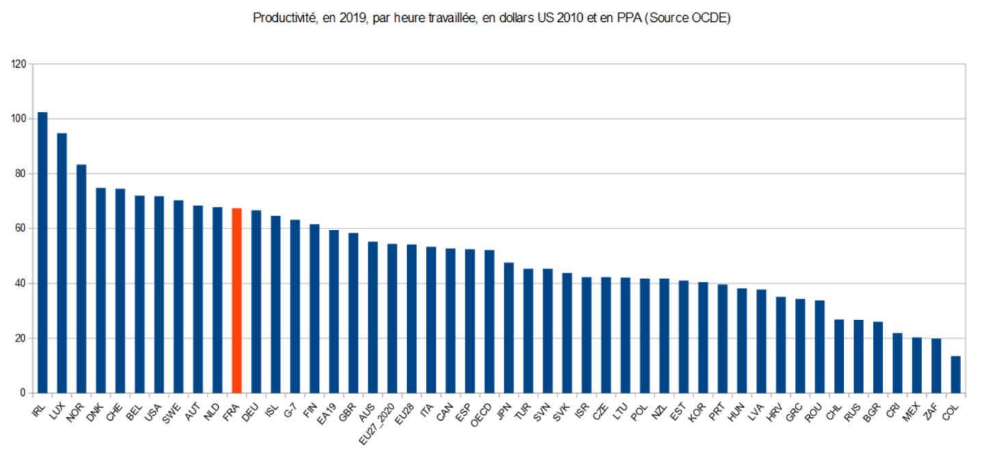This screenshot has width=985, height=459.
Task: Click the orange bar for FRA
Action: pyautogui.click(x=237, y=300)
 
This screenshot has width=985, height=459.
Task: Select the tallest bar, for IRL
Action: pyautogui.click(x=42, y=252)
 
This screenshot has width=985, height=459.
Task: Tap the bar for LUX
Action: pyautogui.click(x=62, y=263)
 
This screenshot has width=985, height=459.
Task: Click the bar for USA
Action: pyautogui.click(x=159, y=294)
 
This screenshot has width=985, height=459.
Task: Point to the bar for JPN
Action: pyautogui.click(x=509, y=328)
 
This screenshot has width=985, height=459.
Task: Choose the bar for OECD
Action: pyautogui.click(x=489, y=322)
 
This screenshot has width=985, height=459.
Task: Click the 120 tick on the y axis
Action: pyautogui.click(x=18, y=64)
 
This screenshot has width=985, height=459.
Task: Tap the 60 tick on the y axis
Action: pyautogui.click(x=21, y=228)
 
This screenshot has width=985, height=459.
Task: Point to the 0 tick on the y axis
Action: pyautogui.click(x=23, y=393)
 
